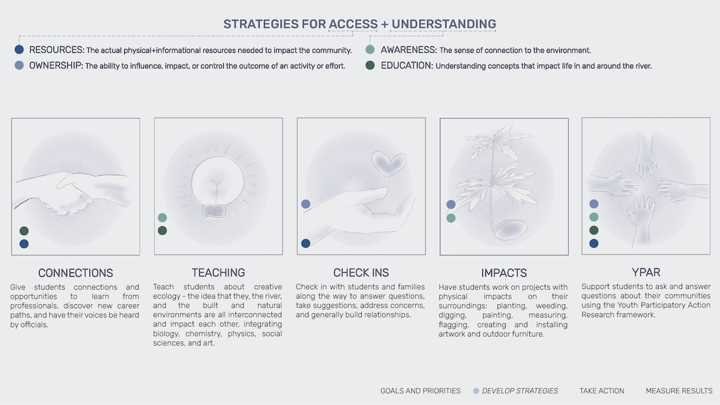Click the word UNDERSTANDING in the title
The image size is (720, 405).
point(443,24)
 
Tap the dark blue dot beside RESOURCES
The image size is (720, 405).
point(19,49)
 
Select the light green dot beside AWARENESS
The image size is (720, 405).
point(370,49)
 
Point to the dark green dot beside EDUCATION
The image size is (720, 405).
point(370,65)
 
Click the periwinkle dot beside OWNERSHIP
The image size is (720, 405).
point(19,65)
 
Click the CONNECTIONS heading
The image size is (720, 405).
point(76,273)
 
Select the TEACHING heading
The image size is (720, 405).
point(218,272)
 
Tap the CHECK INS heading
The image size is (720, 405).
point(361,272)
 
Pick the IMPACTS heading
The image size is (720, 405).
point(504,273)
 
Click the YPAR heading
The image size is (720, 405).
point(646,272)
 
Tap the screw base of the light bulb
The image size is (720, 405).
point(214,212)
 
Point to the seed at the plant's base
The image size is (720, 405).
point(511,229)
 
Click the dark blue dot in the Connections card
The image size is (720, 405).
point(24,244)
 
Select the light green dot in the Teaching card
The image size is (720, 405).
point(163,218)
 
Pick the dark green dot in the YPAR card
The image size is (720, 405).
point(593,230)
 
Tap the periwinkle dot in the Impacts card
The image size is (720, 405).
point(451,204)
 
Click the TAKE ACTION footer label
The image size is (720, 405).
point(602,391)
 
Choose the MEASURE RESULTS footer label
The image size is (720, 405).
point(679,391)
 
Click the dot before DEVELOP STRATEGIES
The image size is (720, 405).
point(476,391)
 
